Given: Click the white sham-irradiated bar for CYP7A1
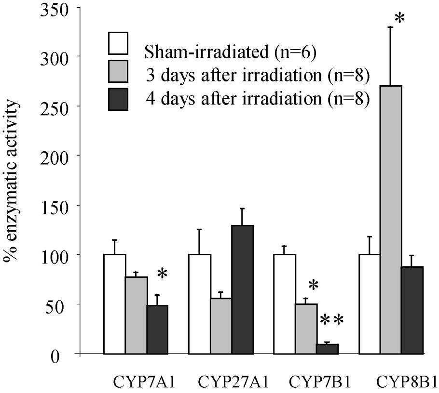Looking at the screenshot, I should point(115,304).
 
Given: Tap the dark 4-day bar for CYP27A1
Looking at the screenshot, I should point(242,289).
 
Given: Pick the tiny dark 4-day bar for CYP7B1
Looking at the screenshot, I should point(328,349).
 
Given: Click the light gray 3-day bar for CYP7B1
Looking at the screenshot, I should point(306,328).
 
